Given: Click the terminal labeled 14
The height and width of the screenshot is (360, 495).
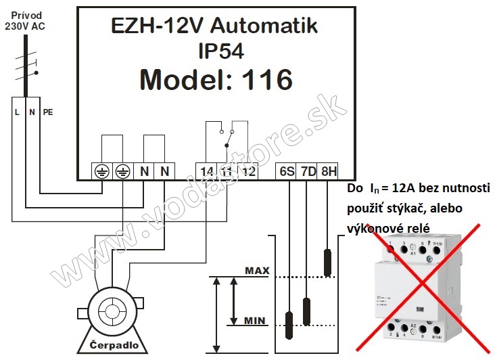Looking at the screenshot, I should click(x=208, y=172).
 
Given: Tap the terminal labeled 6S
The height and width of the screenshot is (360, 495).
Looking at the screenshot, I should click(x=287, y=172).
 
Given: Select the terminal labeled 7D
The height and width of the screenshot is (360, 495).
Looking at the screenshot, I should click(x=308, y=172).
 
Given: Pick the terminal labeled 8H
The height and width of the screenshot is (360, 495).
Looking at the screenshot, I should click(x=329, y=172).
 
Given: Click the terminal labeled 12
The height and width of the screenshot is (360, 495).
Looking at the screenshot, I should click(x=249, y=172).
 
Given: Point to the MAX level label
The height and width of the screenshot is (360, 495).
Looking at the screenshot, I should click(x=257, y=271).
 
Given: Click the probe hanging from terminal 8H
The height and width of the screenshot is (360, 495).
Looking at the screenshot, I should click(x=329, y=263).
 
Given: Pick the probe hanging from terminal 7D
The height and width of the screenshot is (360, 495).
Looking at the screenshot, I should click(x=308, y=311).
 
